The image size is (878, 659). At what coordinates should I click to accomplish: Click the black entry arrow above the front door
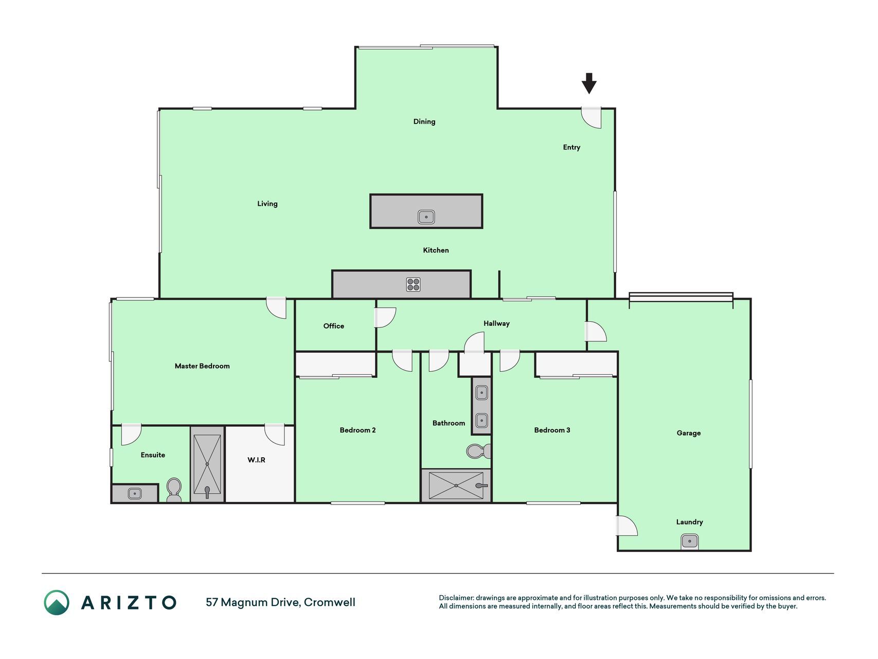click(589, 83)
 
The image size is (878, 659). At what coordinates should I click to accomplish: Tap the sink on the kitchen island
click(426, 217)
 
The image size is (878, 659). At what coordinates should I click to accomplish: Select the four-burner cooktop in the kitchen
click(414, 284)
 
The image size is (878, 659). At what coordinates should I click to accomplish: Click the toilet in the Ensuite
click(174, 490)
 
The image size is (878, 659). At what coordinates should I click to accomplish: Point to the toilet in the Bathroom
click(479, 452)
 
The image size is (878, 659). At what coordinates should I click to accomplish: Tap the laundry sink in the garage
click(690, 541)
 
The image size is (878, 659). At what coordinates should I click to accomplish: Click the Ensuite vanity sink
click(134, 493)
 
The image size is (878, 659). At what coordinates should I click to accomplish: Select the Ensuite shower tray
click(207, 464)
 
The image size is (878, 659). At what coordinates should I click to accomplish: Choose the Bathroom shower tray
click(456, 485)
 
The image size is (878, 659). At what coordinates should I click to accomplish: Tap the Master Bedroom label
click(202, 366)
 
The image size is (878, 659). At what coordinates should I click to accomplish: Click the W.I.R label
click(256, 460)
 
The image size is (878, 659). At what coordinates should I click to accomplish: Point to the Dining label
click(424, 122)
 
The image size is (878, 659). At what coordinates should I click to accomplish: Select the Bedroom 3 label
click(552, 430)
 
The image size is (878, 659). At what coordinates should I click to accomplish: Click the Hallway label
click(496, 323)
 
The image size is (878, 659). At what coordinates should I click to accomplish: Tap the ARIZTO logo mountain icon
click(57, 602)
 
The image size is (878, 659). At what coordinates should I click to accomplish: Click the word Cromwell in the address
click(329, 602)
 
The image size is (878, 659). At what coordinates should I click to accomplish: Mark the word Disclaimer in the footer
click(456, 598)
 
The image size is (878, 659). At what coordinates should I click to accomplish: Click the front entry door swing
click(592, 118)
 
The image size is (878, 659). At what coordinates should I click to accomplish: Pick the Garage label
click(689, 433)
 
